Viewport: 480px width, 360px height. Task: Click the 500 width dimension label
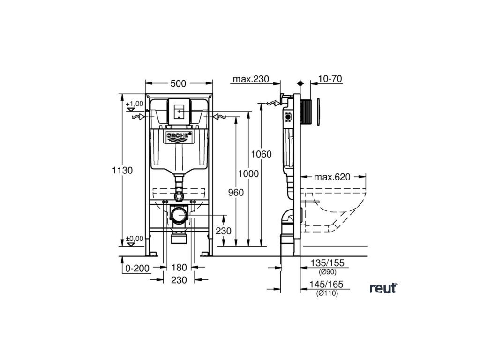click(178, 83)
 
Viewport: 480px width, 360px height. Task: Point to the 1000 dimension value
click(248, 173)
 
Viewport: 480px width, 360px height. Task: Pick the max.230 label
click(251, 79)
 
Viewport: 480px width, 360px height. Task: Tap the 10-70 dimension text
click(329, 79)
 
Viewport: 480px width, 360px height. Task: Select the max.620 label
click(332, 177)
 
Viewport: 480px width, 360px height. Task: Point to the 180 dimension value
click(179, 268)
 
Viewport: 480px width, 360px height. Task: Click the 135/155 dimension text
click(327, 263)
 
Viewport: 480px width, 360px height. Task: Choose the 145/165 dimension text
click(327, 285)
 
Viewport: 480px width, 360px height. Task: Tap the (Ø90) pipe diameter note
click(327, 272)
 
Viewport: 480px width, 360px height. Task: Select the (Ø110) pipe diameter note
click(327, 293)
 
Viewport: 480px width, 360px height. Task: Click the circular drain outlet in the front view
click(179, 215)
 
